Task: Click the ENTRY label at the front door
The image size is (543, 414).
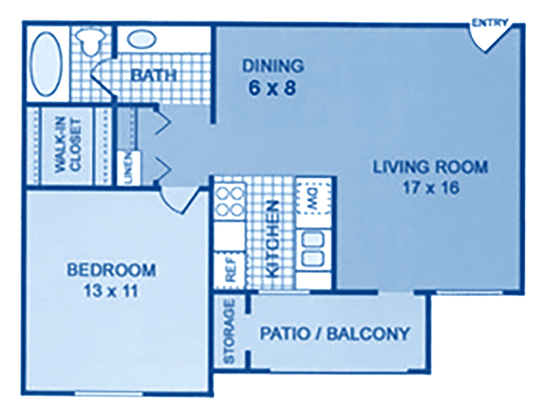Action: coord(490,22)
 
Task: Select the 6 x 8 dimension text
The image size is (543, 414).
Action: coord(272,89)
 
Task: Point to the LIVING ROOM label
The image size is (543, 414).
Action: coord(431,167)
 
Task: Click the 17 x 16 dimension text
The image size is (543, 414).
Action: coord(431,188)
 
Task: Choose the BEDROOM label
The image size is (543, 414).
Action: coord(111,269)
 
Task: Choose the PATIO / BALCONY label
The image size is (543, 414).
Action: coord(334,334)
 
